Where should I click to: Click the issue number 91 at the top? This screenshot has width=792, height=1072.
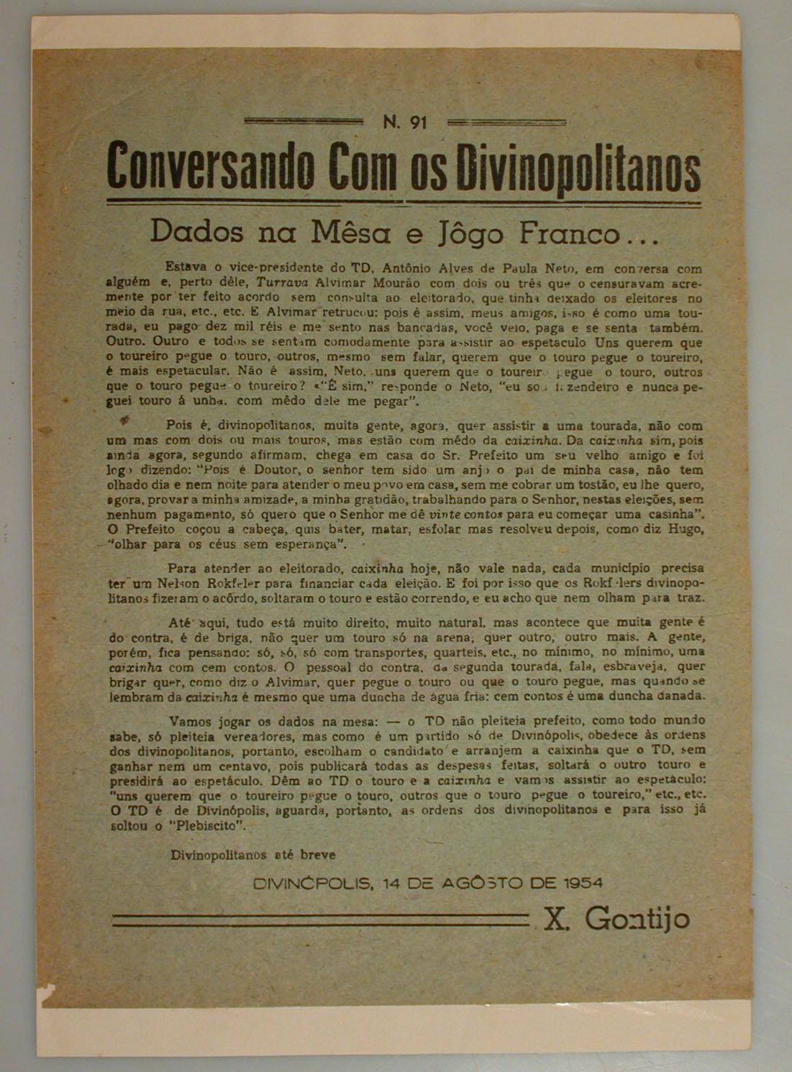point(419,123)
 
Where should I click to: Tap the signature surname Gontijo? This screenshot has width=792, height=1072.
point(637,918)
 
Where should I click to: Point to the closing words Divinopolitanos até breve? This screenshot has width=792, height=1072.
point(253,856)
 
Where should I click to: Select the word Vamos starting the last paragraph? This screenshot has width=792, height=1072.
point(188,721)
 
